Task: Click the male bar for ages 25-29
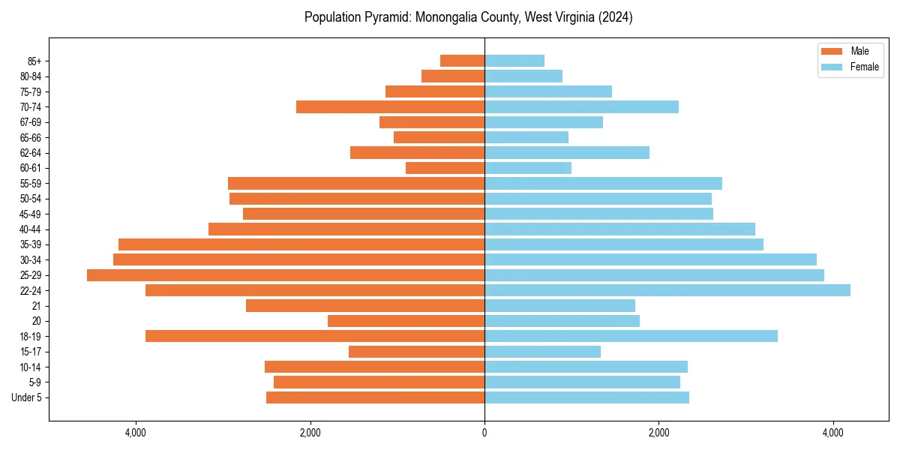coord(286,275)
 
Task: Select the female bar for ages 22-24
coord(667,290)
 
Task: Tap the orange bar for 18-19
coord(315,336)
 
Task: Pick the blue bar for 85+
coord(514,61)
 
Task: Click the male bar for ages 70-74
coord(390,106)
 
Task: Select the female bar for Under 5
coord(586,397)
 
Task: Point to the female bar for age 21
coord(559,306)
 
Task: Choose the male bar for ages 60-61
coord(445,168)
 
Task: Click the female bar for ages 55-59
coord(603,184)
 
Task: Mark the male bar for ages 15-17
coord(416,352)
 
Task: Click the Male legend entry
coord(849,51)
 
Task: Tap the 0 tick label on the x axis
coord(484,433)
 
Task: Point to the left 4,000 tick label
coord(136,433)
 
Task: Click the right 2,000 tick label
coord(658,433)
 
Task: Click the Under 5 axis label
coord(26,397)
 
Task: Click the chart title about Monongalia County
coord(468,17)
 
